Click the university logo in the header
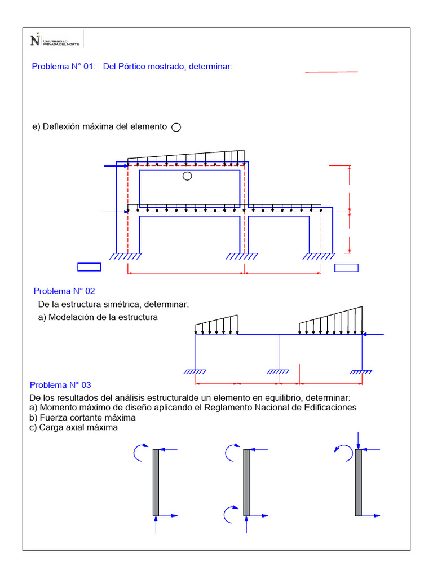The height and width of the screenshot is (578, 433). point(54,40)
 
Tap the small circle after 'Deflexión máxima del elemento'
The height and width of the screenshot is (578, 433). point(176,128)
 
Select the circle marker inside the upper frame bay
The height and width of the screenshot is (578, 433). point(187,176)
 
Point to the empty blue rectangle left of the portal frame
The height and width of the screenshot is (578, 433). point(89,267)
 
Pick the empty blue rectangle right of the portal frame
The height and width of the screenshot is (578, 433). point(346,268)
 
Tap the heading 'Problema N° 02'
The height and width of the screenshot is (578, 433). point(64,291)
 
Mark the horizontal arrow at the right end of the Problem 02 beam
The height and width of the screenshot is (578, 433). point(373,335)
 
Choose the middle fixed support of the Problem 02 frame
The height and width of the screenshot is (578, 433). point(279,372)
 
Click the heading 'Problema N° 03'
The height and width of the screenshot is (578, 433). point(60,385)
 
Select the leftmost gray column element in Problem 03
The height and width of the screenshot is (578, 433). point(156,483)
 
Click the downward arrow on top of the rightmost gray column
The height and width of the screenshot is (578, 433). point(359,439)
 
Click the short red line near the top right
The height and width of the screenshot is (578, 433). point(332,72)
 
